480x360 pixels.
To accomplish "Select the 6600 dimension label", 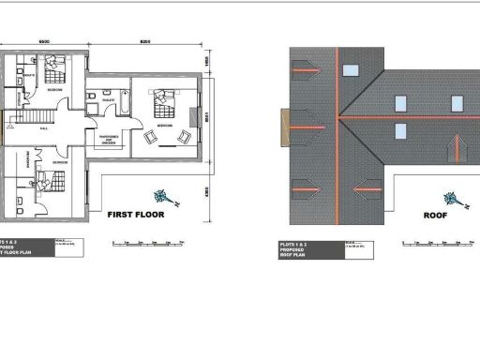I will tap(43, 43).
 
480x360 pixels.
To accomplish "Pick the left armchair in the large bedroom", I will tap(151, 138).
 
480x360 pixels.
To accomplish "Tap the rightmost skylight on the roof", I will tap(458, 101).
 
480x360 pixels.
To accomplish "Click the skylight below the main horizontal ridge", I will tap(400, 130).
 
